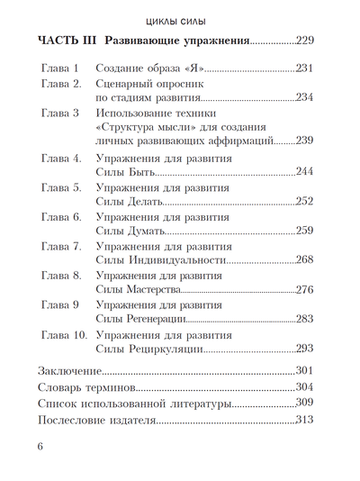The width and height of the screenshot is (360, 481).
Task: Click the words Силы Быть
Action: tap(125, 172)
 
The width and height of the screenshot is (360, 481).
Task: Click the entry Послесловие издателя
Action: tap(96, 420)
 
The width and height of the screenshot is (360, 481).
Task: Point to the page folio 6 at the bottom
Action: tap(40, 447)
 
